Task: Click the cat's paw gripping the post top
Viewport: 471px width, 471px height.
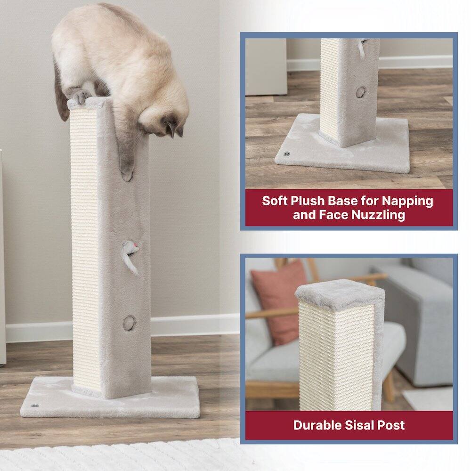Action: point(81,97)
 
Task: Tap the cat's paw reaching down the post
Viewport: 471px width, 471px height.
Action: point(126,173)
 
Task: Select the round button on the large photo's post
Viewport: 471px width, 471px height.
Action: point(129,322)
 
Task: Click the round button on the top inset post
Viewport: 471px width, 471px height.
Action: point(360,91)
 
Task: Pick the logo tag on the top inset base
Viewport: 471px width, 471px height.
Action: point(285,154)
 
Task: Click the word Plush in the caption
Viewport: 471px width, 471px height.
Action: point(312,201)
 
